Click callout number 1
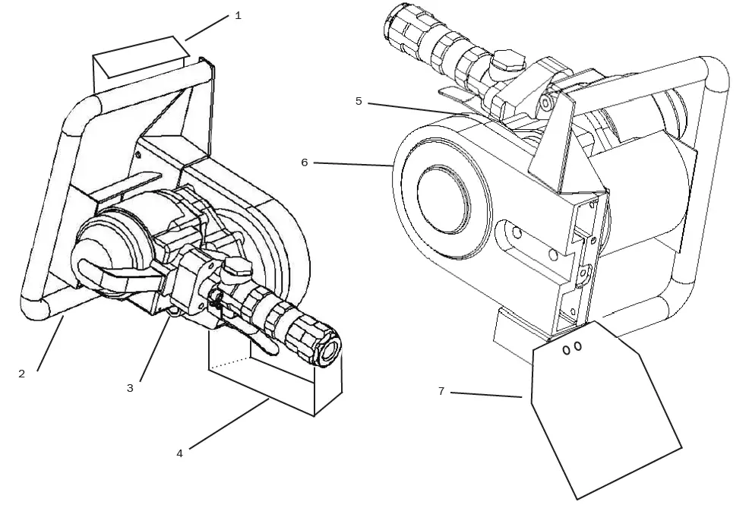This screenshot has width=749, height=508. coord(238,15)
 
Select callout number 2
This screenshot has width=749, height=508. coord(21,374)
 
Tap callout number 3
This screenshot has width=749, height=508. coord(130,388)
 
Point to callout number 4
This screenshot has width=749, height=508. coord(179,453)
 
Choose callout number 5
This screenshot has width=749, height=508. coord(359,101)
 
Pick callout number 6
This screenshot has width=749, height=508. coord(305,162)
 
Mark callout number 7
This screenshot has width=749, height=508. coord(441,391)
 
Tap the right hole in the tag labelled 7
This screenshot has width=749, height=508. coord(578,346)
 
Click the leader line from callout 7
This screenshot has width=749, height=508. coord(486,394)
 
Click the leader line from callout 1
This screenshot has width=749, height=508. coord(207,28)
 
